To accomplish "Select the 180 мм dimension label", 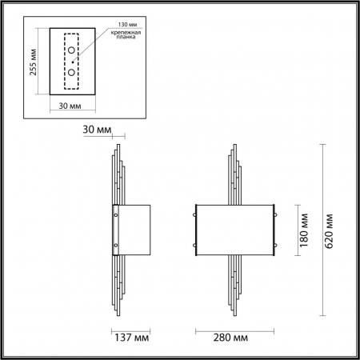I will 305,230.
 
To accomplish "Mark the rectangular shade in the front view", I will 238,230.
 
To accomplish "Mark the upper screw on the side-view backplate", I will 117,215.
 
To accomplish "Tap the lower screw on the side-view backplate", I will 117,245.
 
